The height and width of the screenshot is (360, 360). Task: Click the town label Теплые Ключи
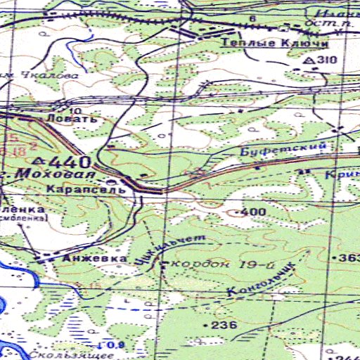pyautogui.click(x=275, y=44)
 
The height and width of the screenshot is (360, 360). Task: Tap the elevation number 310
pyautogui.click(x=327, y=60)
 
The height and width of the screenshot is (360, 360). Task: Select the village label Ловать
pyautogui.click(x=68, y=120)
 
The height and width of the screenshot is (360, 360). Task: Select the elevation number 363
pyautogui.click(x=349, y=259)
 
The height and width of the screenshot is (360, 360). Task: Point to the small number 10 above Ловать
pyautogui.click(x=75, y=111)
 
